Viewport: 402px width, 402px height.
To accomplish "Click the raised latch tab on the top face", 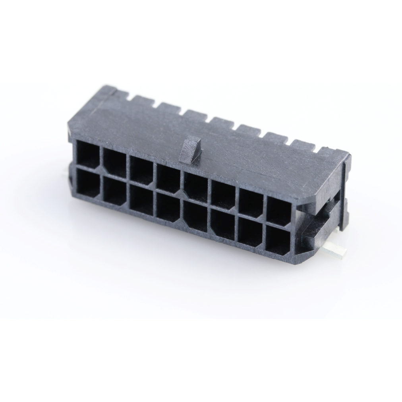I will pos(190,150).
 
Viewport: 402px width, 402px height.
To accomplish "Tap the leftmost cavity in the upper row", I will pos(88,154).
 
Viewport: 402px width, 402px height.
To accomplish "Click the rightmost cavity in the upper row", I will pos(278,211).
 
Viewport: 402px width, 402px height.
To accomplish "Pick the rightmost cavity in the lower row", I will pos(278,240).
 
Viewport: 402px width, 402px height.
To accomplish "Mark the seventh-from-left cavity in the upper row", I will pos(251,203).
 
